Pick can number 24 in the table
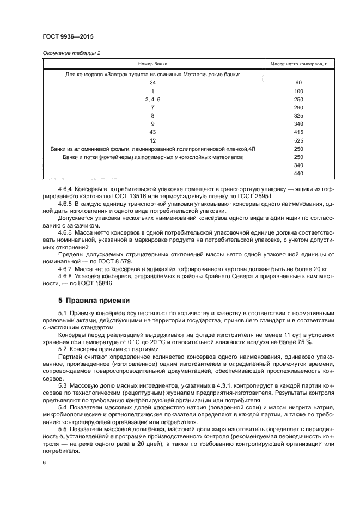[152, 83]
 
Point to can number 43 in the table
[152, 132]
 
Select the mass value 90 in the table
[298, 83]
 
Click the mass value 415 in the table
[298, 132]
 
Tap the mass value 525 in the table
[298, 140]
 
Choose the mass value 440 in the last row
[298, 173]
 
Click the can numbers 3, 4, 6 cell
[152, 100]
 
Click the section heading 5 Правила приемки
[90, 300]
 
